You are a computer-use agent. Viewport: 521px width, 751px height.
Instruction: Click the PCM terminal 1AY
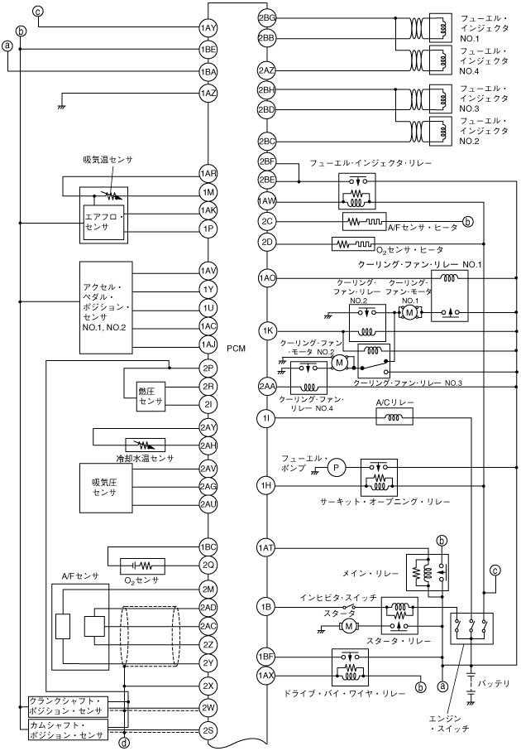click(208, 28)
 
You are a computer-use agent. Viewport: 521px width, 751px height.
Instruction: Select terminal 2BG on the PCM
click(266, 17)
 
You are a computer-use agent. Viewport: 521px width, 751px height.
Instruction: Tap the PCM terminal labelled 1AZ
click(208, 94)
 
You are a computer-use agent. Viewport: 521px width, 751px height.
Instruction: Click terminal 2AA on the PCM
click(266, 387)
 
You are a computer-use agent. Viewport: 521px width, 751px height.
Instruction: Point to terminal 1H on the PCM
click(266, 484)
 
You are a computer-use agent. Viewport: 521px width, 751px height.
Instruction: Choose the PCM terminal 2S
click(208, 730)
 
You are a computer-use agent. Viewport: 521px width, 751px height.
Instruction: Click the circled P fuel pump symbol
click(337, 469)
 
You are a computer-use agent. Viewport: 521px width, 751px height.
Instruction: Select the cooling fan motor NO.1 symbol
click(408, 312)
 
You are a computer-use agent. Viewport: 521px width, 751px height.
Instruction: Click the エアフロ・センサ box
click(103, 220)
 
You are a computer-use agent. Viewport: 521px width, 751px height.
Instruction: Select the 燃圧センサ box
click(151, 395)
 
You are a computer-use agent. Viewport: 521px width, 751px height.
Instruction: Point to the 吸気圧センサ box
click(104, 487)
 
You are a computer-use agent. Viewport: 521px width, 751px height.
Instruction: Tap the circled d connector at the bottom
click(124, 743)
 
